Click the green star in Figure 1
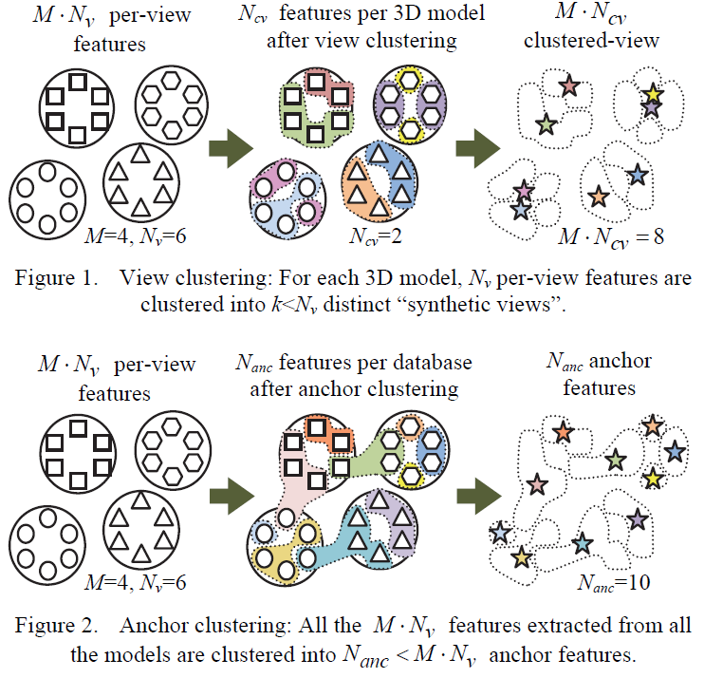pyautogui.click(x=546, y=123)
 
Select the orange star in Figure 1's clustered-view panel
pyautogui.click(x=597, y=198)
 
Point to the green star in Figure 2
pyautogui.click(x=615, y=460)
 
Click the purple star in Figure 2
pyautogui.click(x=638, y=518)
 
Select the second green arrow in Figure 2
pyautogui.click(x=478, y=496)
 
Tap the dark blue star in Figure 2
pyautogui.click(x=676, y=450)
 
